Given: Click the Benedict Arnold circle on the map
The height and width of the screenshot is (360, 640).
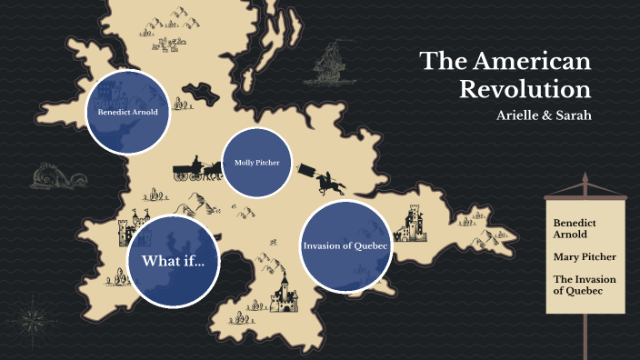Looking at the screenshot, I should coord(128,113).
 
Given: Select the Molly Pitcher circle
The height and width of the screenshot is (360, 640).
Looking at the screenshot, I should coord(257,163).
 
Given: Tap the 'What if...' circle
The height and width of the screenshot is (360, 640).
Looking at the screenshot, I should coord(173,261).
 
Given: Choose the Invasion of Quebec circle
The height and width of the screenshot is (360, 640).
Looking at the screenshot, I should coord(345,245).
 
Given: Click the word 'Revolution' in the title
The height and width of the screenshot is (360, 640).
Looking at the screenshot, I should coord(525,90).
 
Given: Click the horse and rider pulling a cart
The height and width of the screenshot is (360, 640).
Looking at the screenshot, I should coord(329,181).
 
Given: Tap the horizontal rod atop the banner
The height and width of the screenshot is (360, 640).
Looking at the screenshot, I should coord(585,192).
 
